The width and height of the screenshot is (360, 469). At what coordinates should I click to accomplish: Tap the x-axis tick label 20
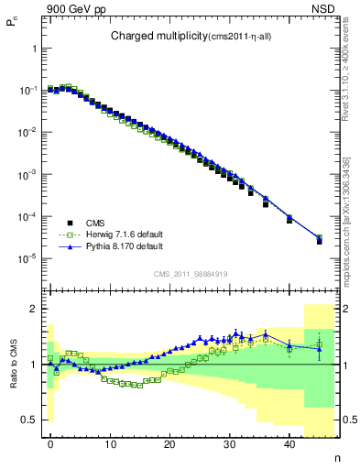click(x=169, y=443)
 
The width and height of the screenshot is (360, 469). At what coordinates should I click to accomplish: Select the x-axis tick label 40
click(x=289, y=443)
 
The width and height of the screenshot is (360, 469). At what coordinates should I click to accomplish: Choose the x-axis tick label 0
click(x=50, y=443)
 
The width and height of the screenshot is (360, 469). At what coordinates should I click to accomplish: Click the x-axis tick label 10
click(x=110, y=443)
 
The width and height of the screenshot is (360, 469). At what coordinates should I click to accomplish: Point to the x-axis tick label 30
click(x=230, y=443)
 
